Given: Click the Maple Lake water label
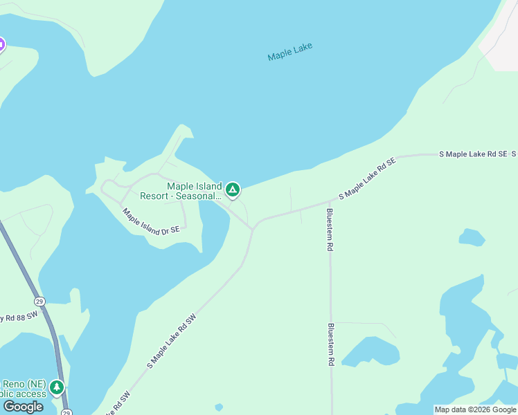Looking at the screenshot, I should [x=290, y=52].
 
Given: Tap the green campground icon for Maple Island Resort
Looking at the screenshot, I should [x=233, y=190].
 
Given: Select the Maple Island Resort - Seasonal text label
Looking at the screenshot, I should [x=181, y=191].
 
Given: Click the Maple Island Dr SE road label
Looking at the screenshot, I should [x=151, y=220].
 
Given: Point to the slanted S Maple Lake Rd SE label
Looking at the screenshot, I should [x=367, y=178].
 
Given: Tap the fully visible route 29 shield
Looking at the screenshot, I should [x=39, y=302].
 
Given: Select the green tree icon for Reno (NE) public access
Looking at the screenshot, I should [x=57, y=388].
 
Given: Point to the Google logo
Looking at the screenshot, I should [x=23, y=407].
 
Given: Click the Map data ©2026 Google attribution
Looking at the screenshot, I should [x=475, y=409].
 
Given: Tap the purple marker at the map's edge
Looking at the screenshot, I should [x=1, y=46].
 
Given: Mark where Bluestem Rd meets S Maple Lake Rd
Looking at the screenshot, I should [x=330, y=203].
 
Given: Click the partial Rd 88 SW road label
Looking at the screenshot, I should [x=17, y=317].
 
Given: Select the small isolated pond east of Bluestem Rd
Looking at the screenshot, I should [x=472, y=238].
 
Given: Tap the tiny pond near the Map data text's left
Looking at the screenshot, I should [x=219, y=407].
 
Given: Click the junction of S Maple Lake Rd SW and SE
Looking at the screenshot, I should [x=254, y=226].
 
